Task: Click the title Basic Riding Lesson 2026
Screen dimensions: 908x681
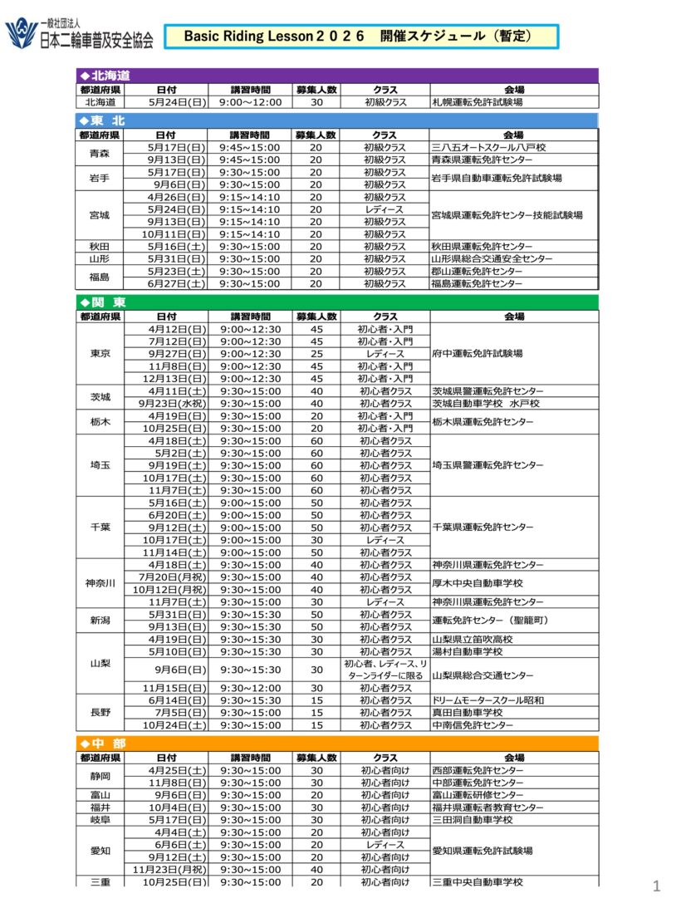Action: click(x=358, y=37)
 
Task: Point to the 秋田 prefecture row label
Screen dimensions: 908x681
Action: click(x=100, y=247)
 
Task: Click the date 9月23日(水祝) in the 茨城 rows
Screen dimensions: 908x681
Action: click(x=175, y=404)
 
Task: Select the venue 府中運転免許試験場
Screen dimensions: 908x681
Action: click(x=478, y=354)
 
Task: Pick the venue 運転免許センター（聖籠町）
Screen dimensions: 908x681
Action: click(x=491, y=621)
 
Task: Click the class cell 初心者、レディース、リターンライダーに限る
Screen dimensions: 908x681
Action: click(x=385, y=670)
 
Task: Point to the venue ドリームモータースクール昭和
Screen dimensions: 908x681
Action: click(x=488, y=700)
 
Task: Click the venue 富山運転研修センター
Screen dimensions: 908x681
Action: click(x=478, y=795)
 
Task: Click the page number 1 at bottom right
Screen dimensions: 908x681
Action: click(x=656, y=887)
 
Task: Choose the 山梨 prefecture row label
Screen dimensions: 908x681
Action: click(x=100, y=664)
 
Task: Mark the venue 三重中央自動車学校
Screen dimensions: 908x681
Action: click(x=478, y=882)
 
